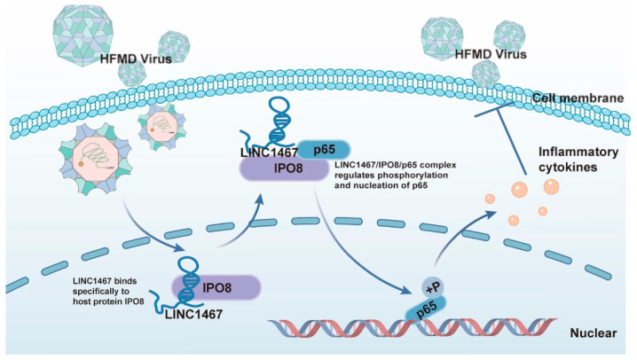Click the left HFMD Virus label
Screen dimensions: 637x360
coord(136,59)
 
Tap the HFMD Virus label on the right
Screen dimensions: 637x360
coord(491,54)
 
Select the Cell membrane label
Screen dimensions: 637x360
coord(578,98)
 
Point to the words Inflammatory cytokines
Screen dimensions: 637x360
coord(578,160)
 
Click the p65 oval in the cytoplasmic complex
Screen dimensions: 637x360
coord(324,150)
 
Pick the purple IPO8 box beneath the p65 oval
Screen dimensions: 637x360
coord(285,168)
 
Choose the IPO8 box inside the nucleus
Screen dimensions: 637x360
coord(216,288)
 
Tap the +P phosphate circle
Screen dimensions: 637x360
coord(433,288)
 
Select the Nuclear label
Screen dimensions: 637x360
coord(594,333)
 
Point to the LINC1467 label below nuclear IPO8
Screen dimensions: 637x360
coord(193,314)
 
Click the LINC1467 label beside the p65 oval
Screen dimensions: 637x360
coord(270,153)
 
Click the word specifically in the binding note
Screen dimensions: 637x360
coord(101,291)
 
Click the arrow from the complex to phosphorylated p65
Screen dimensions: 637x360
coord(353,253)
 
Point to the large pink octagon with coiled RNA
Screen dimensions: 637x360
coord(96,159)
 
